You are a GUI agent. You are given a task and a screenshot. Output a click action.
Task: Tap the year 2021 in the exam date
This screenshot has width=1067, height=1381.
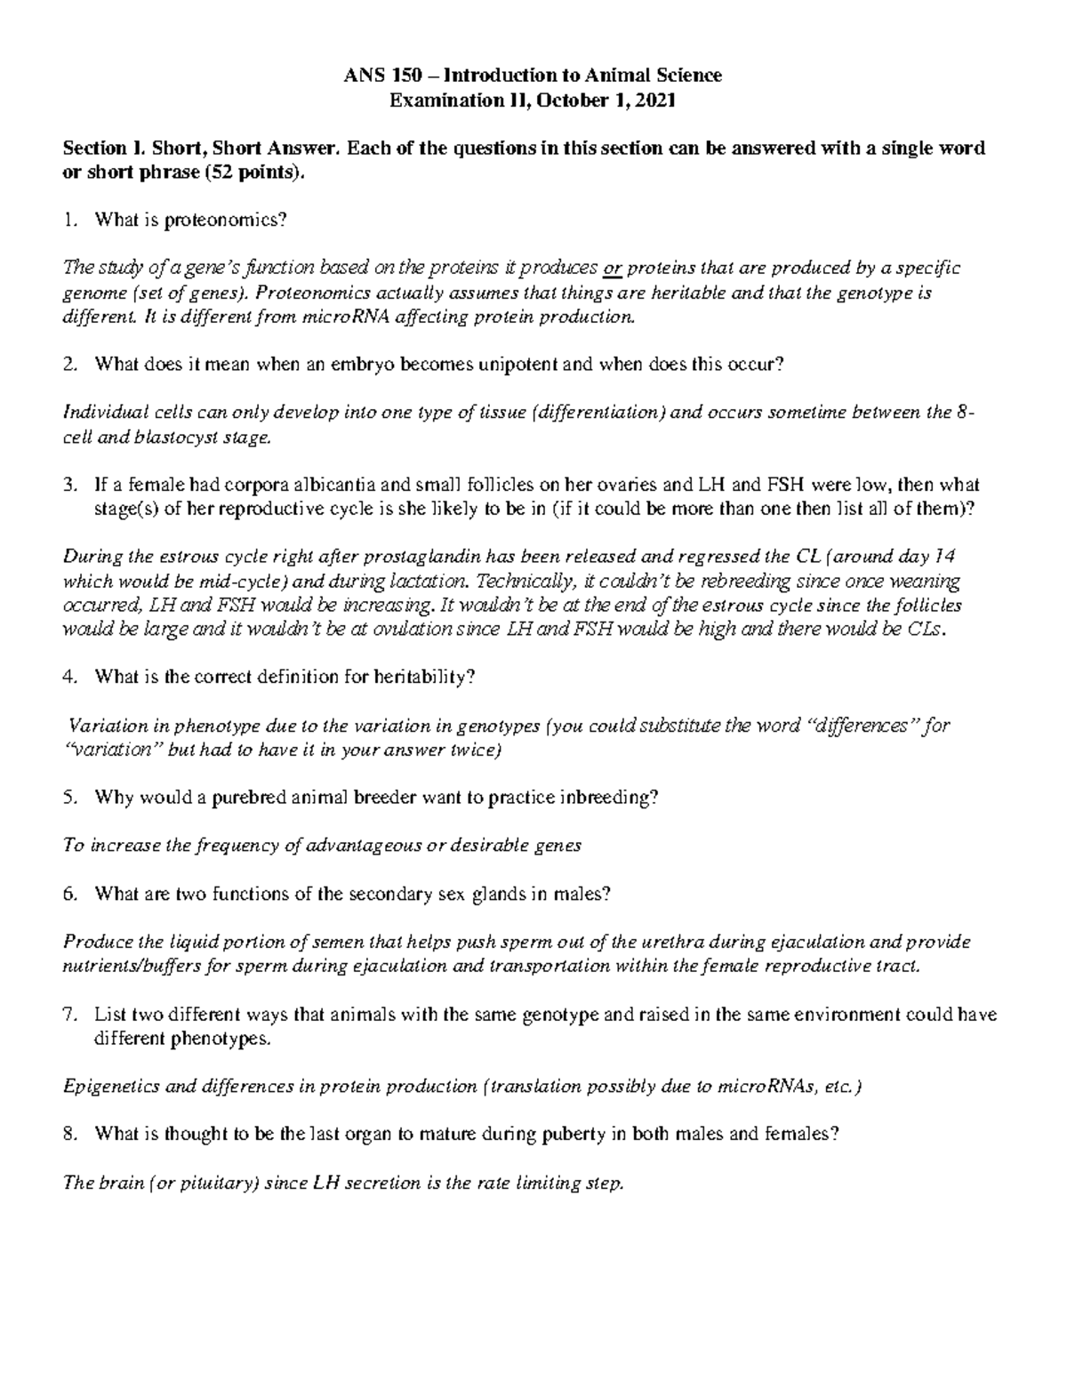tap(657, 100)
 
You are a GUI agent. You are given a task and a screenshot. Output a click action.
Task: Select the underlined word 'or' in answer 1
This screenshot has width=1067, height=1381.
tap(612, 269)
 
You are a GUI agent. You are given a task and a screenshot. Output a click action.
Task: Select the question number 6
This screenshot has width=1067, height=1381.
tap(70, 894)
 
